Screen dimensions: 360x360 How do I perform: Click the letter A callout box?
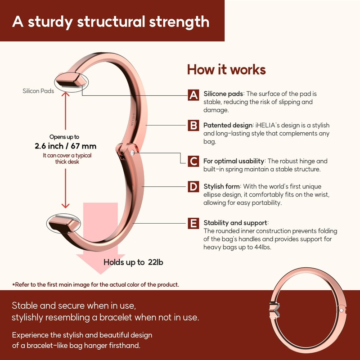(x=193, y=95)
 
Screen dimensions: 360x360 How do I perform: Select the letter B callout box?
(x=193, y=126)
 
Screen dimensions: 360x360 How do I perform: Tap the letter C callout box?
(x=193, y=161)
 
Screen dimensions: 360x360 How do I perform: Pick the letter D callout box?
(x=193, y=186)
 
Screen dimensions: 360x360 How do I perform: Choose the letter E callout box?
(x=193, y=223)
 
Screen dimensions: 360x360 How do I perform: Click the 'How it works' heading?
(x=226, y=70)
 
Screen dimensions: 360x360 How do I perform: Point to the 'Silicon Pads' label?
(x=38, y=91)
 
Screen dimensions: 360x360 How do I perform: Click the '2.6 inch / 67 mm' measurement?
(x=66, y=146)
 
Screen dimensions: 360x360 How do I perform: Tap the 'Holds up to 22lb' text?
(x=133, y=262)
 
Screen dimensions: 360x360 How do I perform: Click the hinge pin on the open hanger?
(x=132, y=153)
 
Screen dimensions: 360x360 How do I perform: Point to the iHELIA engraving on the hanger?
(x=132, y=119)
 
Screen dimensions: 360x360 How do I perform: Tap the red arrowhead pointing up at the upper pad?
(x=65, y=94)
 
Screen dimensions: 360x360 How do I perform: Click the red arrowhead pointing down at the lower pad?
(x=65, y=206)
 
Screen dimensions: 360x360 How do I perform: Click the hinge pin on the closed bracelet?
(x=341, y=310)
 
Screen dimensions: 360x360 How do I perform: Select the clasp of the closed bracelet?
(x=275, y=310)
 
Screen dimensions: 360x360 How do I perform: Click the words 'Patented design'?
(x=228, y=126)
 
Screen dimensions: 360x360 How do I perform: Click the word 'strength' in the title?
(x=179, y=22)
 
